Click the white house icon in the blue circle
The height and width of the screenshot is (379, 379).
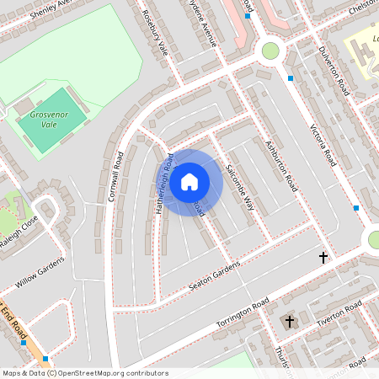pos(189,181)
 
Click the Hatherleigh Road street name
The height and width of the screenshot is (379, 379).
pos(162,184)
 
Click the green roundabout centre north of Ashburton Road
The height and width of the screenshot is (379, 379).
pos(270,51)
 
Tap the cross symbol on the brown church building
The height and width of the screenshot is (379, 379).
pos(290,322)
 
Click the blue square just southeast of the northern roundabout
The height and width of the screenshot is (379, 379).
pos(291,78)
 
